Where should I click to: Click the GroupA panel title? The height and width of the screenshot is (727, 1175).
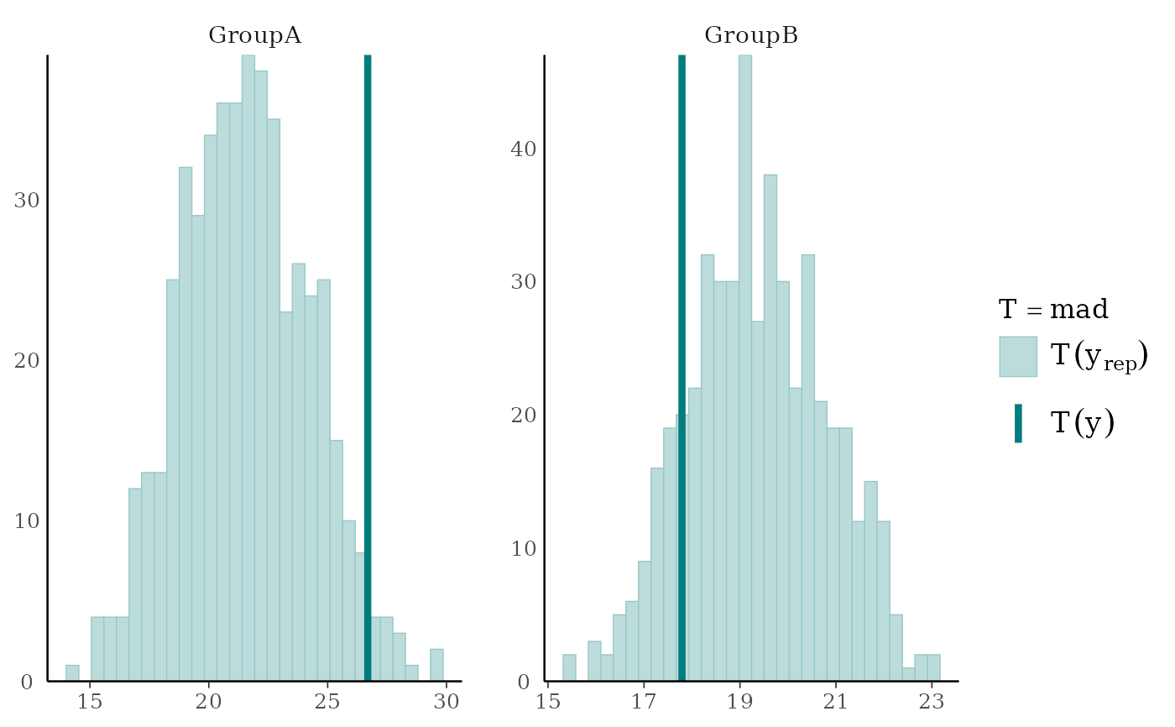pos(254,35)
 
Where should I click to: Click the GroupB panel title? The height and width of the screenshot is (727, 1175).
pos(750,35)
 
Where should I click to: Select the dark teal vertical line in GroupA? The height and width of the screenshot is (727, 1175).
pos(368,336)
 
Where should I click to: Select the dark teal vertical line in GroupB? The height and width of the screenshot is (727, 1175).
pos(681,336)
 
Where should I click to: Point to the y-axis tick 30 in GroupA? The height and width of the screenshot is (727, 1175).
pos(26,201)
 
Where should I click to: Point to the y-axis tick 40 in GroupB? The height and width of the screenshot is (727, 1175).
pos(523,149)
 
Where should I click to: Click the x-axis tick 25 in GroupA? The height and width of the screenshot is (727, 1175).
pos(328,702)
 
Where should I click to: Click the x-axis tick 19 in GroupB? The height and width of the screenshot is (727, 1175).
pos(739,702)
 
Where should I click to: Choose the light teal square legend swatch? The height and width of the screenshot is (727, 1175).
pos(1018,357)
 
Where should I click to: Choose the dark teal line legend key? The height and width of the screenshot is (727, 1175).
pos(1018,423)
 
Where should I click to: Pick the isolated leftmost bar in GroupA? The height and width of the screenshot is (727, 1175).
pos(72,672)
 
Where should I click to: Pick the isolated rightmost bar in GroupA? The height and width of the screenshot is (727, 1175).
pos(437,664)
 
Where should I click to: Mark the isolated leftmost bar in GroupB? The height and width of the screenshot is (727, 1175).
pos(569,667)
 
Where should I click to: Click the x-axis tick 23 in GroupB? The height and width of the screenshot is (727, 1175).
pos(930,702)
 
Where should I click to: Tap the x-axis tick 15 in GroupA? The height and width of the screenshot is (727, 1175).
pos(91,702)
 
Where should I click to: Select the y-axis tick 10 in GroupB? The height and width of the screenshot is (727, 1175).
pos(523,548)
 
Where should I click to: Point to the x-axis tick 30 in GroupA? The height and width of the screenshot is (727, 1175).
pos(446,702)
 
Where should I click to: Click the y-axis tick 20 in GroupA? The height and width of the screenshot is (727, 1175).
pos(26,361)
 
